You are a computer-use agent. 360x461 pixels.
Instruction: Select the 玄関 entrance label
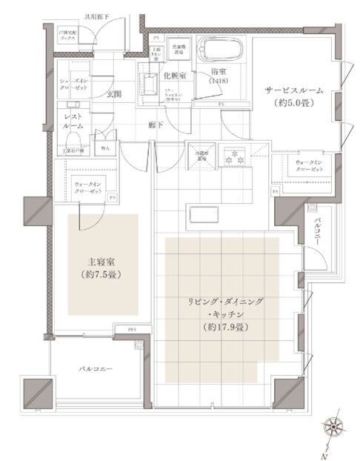coord(114,94)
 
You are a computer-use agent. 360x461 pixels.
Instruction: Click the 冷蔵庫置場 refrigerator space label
coord(200,155)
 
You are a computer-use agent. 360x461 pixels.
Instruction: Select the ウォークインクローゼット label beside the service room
coord(309,166)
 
